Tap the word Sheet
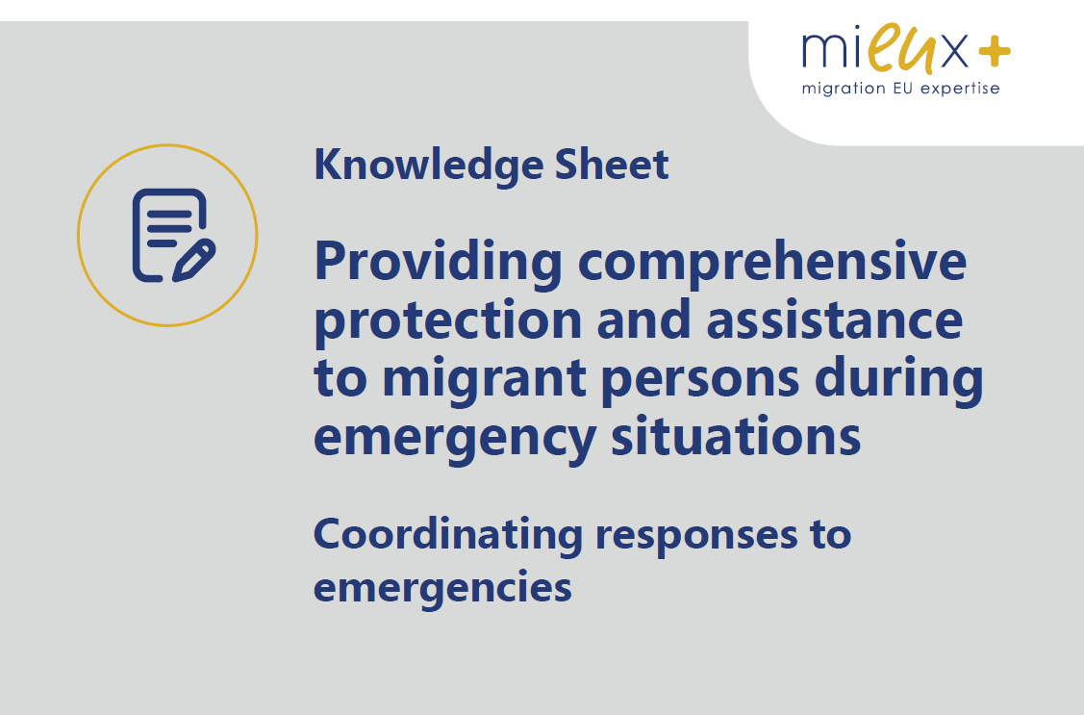pyautogui.click(x=612, y=165)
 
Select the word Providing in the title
pyautogui.click(x=439, y=264)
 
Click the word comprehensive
pyautogui.click(x=772, y=262)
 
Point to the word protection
pyautogui.click(x=448, y=321)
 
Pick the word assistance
pyautogui.click(x=835, y=319)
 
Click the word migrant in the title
pyautogui.click(x=485, y=380)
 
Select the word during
pyautogui.click(x=898, y=379)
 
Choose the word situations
pyautogui.click(x=736, y=436)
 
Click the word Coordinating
pyautogui.click(x=448, y=536)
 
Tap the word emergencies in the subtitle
pyautogui.click(x=442, y=589)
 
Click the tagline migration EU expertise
pyautogui.click(x=900, y=89)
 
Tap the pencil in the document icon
pyautogui.click(x=194, y=261)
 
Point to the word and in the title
pyautogui.click(x=643, y=319)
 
